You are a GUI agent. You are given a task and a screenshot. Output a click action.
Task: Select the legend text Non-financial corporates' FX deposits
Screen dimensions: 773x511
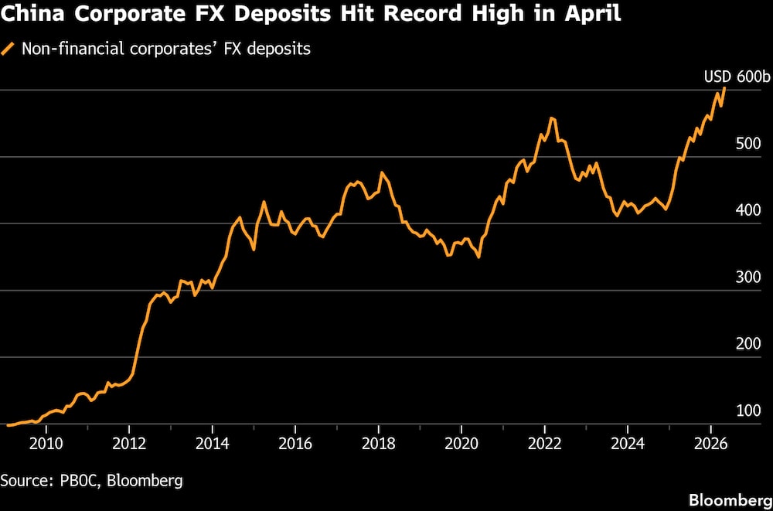165,49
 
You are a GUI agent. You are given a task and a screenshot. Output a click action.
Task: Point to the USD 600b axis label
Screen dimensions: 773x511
736,77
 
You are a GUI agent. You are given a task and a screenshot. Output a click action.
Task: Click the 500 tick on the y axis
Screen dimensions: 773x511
748,144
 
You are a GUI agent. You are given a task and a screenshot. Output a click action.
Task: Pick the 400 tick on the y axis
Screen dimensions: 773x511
748,210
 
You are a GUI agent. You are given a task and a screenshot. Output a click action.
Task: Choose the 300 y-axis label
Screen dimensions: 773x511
748,278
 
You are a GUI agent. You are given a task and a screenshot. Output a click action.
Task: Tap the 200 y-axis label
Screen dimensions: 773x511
748,344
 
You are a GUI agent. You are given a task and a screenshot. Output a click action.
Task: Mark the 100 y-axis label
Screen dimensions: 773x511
748,411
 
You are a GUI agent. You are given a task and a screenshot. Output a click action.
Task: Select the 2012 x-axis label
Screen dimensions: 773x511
129,445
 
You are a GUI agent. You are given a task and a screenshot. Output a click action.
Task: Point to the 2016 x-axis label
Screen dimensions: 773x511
295,445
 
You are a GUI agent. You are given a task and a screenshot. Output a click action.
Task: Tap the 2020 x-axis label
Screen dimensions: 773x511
461,445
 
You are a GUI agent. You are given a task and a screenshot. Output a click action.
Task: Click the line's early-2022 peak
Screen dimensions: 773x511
552,118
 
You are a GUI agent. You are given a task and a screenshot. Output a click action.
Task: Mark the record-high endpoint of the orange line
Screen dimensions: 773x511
724,88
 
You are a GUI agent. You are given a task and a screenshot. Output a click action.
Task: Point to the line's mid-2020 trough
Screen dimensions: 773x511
478,257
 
